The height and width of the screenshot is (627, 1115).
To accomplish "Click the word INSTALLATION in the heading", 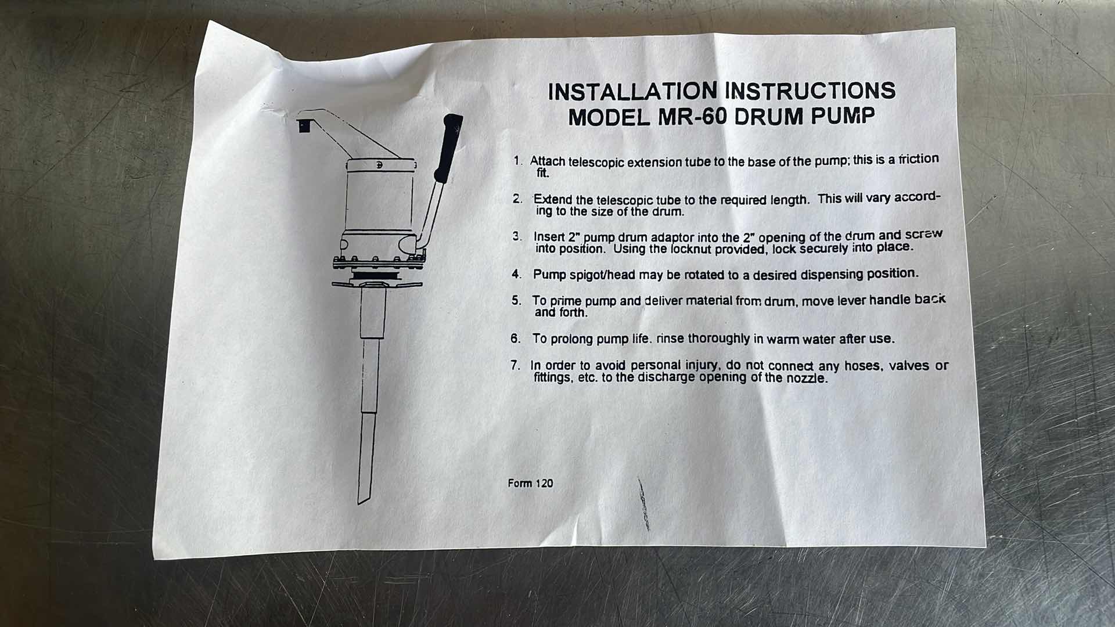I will [632, 92].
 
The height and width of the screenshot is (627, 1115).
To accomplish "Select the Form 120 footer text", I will [530, 483].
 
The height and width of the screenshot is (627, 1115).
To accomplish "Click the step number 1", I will [517, 161].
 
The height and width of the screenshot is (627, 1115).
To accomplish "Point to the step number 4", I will [516, 274].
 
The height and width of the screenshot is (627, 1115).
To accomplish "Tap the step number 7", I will [515, 366].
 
